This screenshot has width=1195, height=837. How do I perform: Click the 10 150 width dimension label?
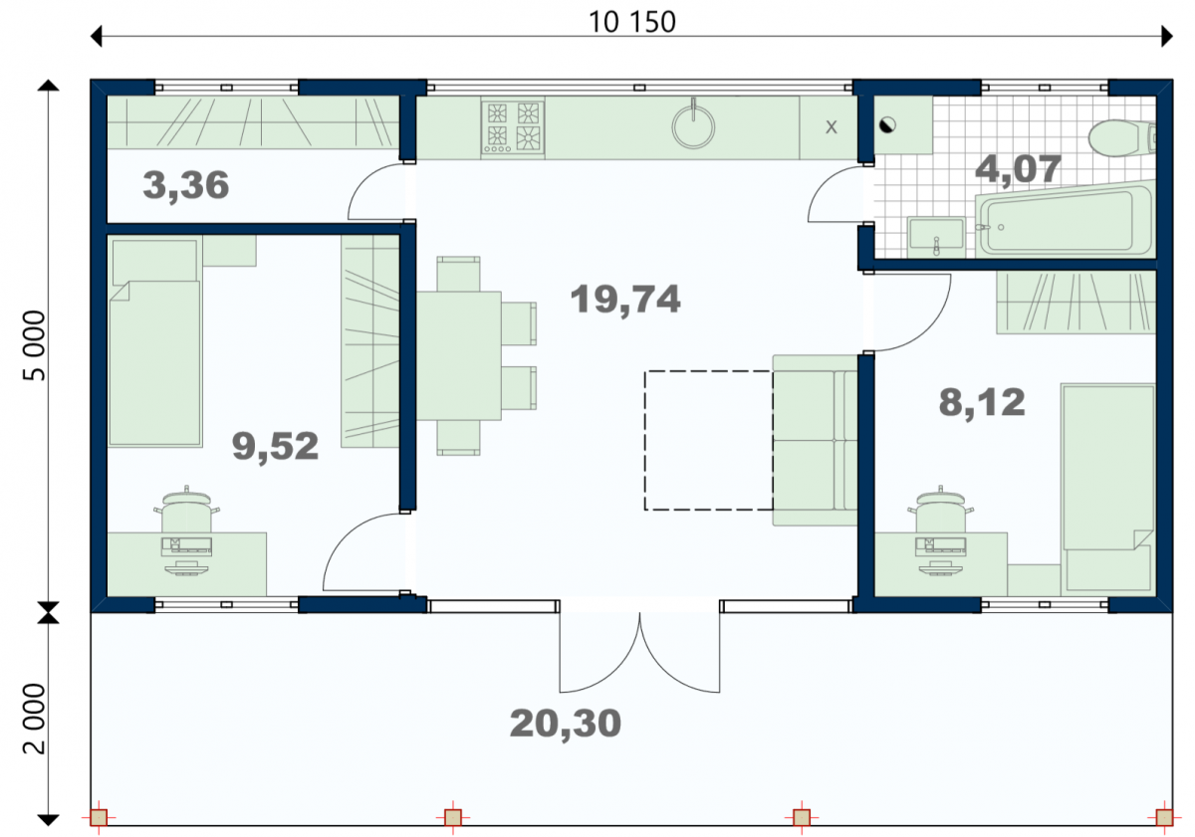click(x=631, y=22)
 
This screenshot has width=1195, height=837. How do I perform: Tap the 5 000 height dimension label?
click(x=35, y=346)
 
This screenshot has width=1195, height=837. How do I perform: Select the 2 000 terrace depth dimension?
click(x=35, y=720)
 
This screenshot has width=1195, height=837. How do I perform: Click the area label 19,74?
click(x=625, y=300)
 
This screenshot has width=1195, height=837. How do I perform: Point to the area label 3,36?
click(x=185, y=186)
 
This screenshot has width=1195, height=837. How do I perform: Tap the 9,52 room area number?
click(x=275, y=447)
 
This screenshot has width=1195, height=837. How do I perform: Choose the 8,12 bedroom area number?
click(x=982, y=402)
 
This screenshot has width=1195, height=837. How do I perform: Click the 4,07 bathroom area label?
click(x=1018, y=169)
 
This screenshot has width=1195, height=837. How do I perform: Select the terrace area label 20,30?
click(x=566, y=724)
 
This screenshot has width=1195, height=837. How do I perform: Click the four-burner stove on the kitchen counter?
click(x=513, y=128)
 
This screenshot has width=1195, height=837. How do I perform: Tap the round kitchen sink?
click(x=693, y=126)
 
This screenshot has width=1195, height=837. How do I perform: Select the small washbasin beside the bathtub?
click(x=937, y=237)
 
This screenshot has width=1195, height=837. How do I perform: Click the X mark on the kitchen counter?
click(x=832, y=127)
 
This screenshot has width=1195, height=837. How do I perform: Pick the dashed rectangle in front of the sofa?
click(x=708, y=441)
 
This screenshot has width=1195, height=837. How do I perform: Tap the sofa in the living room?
click(x=816, y=440)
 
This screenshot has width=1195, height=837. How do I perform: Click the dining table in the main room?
click(x=459, y=355)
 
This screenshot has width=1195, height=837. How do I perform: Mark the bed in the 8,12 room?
click(x=1108, y=489)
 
